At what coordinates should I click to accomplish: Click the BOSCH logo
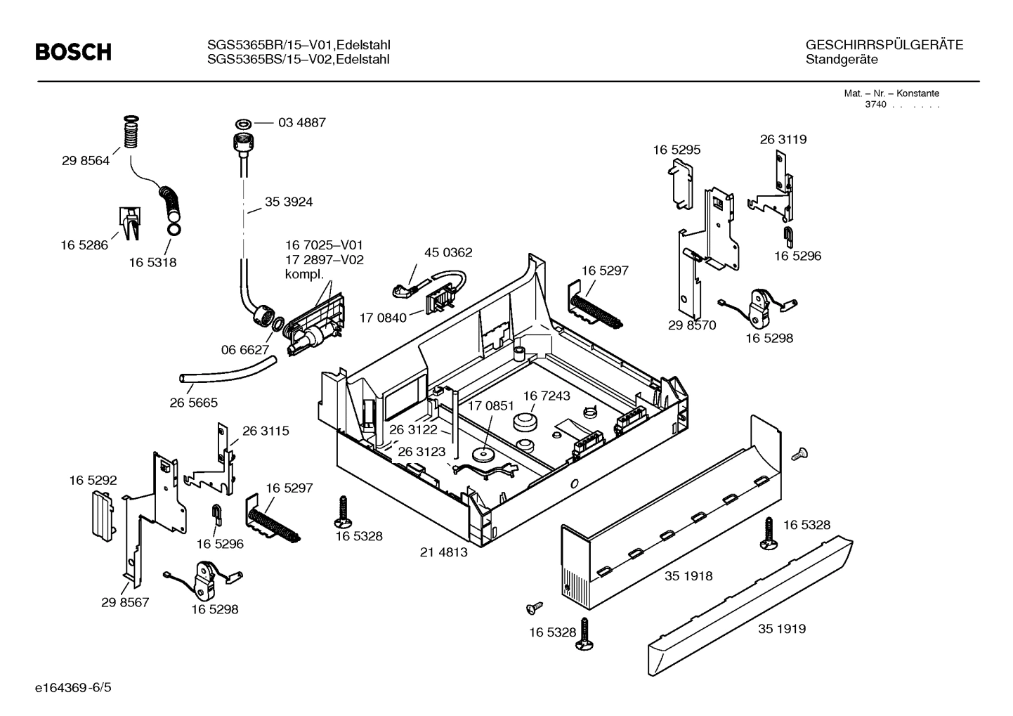click(73, 52)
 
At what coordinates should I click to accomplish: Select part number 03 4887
click(301, 122)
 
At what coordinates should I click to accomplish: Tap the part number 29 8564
click(86, 160)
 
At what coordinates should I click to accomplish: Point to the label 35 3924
click(288, 202)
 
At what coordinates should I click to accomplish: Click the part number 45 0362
click(448, 252)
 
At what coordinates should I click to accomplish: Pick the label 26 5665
click(193, 403)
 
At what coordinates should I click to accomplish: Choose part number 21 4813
click(443, 552)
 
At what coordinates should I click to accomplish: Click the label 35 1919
click(781, 629)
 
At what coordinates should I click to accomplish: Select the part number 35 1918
click(688, 576)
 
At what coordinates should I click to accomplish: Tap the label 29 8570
click(692, 325)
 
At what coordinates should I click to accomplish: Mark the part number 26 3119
click(783, 139)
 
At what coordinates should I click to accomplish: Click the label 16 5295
click(677, 150)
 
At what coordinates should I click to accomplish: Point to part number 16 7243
click(546, 396)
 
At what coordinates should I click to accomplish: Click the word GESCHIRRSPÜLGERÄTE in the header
click(884, 45)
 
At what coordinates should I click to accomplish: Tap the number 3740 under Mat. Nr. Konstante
click(875, 105)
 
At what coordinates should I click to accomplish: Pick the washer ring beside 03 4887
click(243, 123)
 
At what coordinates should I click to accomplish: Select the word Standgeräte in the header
click(842, 60)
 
